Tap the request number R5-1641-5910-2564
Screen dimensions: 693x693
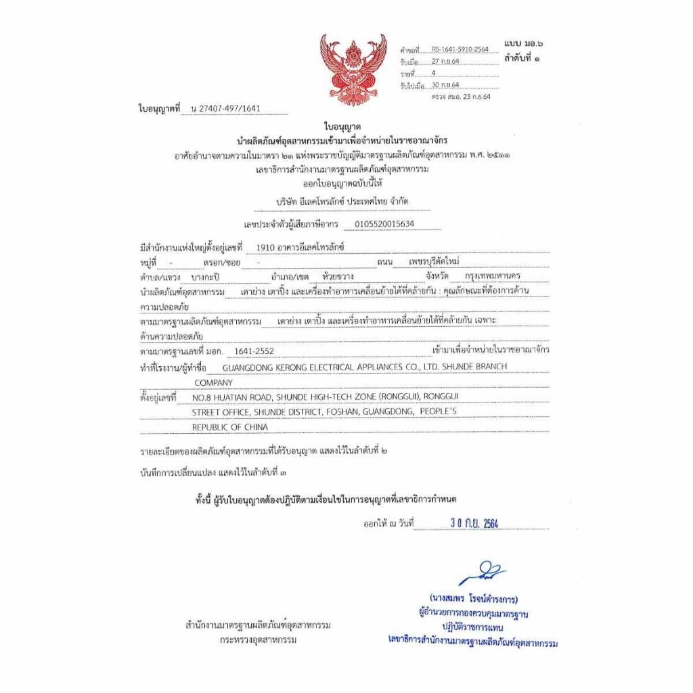point(460,49)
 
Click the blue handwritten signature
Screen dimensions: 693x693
point(482,573)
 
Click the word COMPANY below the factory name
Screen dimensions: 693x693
point(213,382)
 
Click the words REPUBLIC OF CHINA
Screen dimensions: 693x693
point(229,427)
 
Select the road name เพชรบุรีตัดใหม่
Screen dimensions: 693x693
point(438,261)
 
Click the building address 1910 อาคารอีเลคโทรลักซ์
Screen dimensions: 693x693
point(296,247)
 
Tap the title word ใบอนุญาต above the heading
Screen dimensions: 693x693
point(342,127)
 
